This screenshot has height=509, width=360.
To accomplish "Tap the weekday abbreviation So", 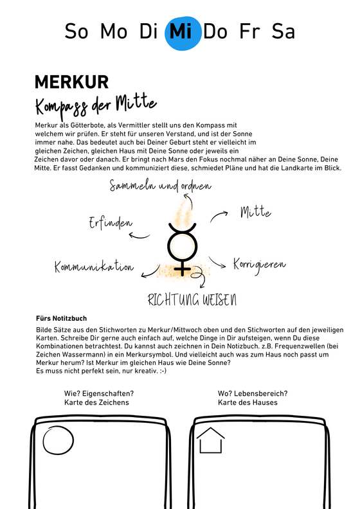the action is tap(76, 31).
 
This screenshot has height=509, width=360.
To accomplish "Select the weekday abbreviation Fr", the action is tap(251, 31).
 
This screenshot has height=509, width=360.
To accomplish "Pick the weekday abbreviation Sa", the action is tap(283, 31).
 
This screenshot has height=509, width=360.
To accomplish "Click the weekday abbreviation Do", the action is tap(215, 31).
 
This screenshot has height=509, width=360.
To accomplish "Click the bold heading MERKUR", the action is tap(71, 82).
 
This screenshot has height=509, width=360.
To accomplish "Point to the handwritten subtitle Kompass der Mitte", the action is tap(96, 103).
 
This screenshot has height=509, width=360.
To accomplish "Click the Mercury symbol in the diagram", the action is tap(182, 247).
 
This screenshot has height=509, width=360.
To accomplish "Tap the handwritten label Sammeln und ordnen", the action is tap(160, 187).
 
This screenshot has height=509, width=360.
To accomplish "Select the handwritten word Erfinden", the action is tap(111, 223).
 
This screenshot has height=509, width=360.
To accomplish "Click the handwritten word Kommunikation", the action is tap(94, 267).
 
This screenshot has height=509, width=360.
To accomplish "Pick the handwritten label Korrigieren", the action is tap(259, 264).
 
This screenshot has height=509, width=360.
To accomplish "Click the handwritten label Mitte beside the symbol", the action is tap(255, 212).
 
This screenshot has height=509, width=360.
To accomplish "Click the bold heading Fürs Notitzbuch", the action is tap(62, 318).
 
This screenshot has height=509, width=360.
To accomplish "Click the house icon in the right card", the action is tap(210, 442).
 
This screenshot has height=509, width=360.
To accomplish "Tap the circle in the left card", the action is tap(59, 442).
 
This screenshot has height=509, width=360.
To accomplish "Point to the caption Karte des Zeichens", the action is tap(96, 402).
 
